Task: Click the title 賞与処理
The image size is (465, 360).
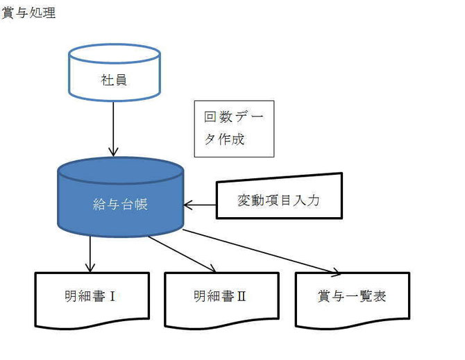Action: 28,12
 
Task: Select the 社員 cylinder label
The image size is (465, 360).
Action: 115,80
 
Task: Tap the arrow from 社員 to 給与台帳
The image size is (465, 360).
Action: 113,129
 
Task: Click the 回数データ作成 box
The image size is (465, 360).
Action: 234,129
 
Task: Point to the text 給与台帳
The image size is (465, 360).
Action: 120,204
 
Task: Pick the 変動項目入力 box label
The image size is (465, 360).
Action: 278,200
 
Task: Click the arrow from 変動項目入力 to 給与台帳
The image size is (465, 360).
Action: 200,205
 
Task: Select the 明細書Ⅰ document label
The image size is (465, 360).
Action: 90,296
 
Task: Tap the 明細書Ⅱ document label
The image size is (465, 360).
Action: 220,296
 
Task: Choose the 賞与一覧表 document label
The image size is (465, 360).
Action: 352,296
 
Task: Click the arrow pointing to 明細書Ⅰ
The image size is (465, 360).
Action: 90,254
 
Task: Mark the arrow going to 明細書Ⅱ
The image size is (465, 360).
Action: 182,254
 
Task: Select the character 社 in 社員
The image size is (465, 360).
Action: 107,80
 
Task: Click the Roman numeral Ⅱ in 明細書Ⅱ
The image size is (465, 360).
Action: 241,296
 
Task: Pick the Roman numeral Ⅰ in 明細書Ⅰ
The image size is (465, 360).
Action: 112,296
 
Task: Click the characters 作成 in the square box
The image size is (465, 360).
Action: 231,139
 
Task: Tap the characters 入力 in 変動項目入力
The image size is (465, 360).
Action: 307,200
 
